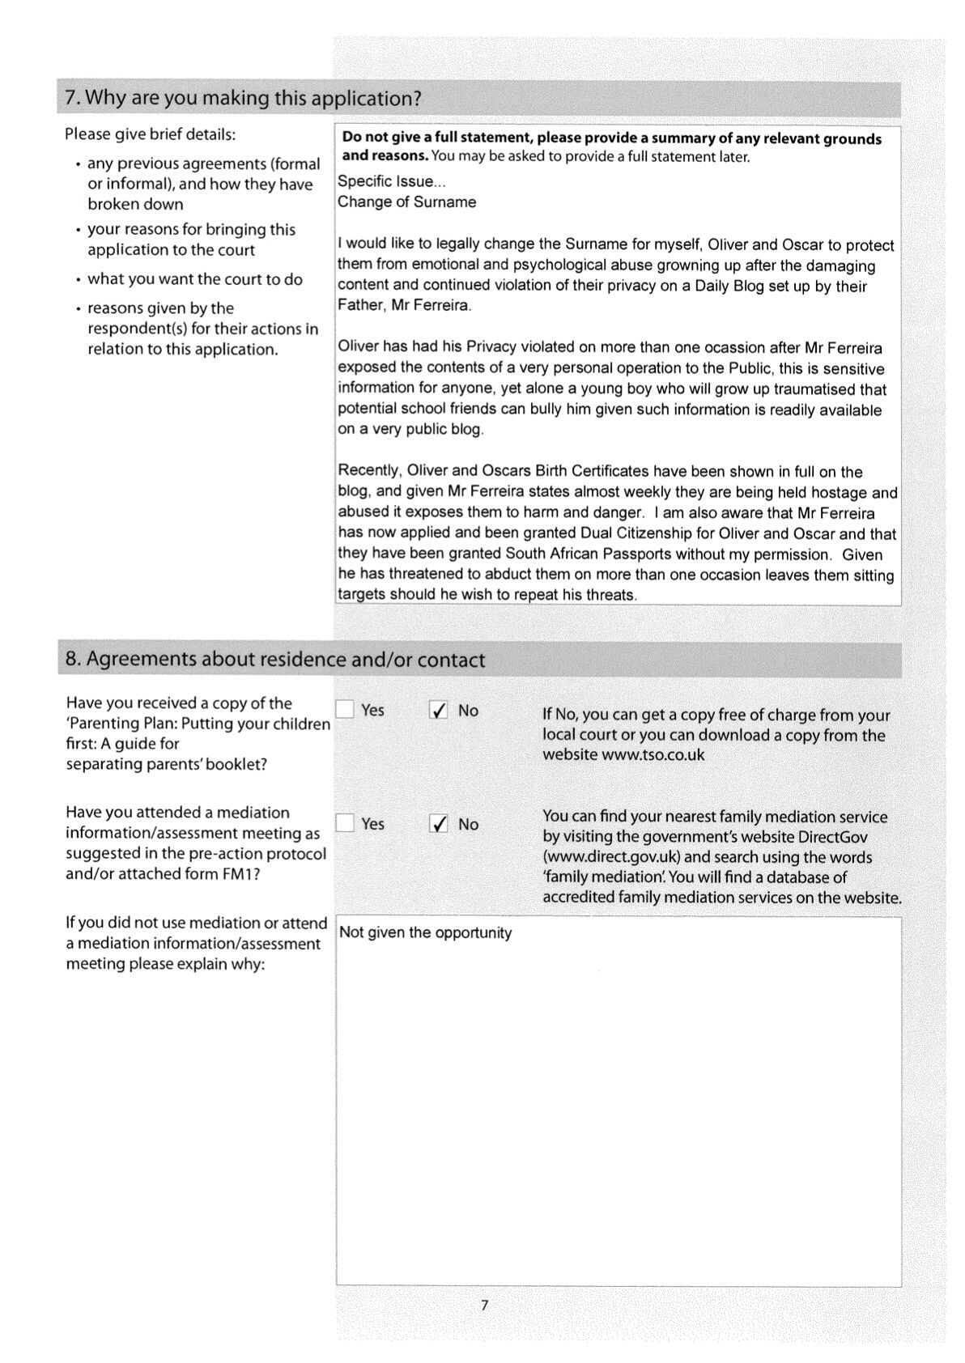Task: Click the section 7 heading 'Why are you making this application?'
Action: [x=243, y=99]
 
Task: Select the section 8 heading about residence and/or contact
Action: [x=275, y=660]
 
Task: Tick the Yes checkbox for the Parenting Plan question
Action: [x=346, y=710]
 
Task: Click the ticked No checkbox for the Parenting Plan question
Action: [x=439, y=711]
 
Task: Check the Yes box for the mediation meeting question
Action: [x=346, y=823]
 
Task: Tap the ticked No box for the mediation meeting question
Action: [x=439, y=824]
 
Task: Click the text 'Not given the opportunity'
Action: [x=425, y=932]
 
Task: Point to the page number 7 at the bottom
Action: [x=484, y=1305]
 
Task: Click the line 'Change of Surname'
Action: [x=406, y=202]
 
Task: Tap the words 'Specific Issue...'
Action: [x=392, y=181]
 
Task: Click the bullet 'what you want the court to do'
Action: [x=194, y=279]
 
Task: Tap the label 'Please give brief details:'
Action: [x=150, y=134]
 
